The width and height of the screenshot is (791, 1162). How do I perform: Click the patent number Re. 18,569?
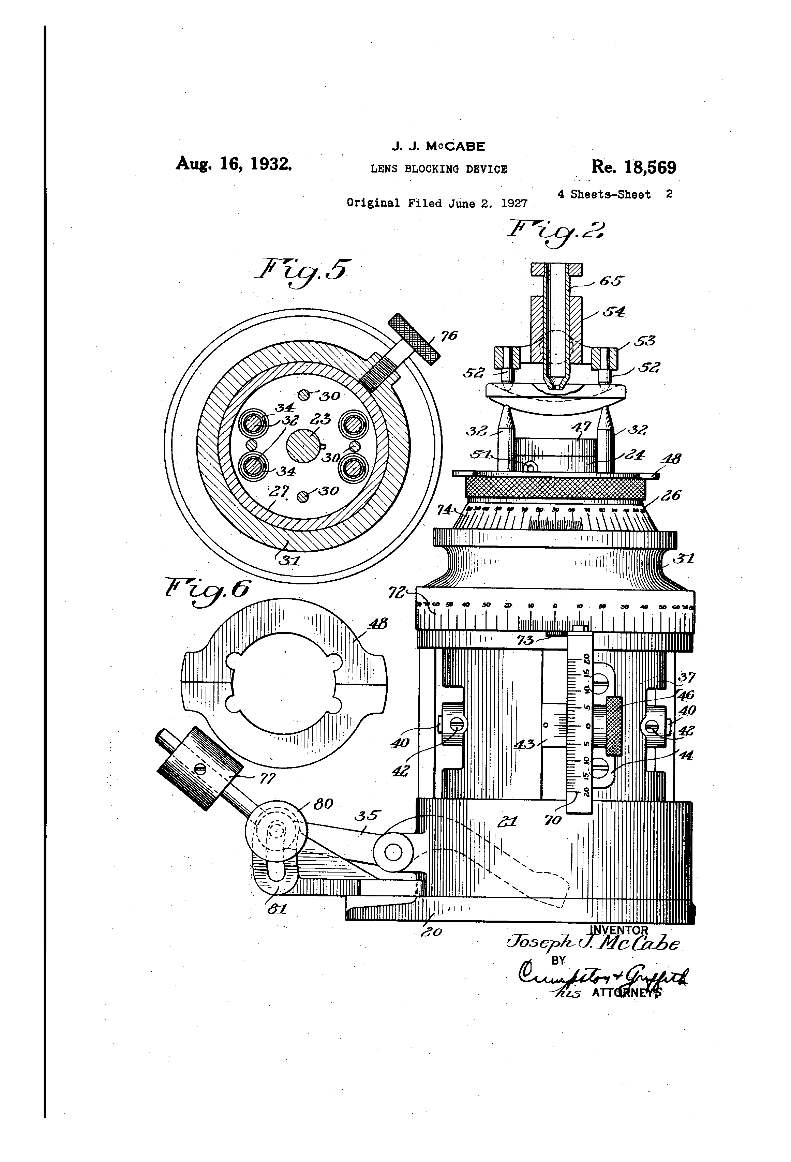click(633, 167)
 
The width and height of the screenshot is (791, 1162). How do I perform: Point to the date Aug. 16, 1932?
click(234, 164)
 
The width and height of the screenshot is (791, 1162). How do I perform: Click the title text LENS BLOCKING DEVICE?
click(438, 169)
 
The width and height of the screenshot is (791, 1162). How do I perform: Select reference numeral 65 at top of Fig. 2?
click(611, 281)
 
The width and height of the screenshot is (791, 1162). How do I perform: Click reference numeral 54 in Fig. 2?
click(613, 312)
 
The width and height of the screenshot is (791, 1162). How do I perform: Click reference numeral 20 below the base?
click(431, 932)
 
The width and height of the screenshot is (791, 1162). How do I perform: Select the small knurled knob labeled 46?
click(614, 726)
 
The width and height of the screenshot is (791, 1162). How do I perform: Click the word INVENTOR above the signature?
click(619, 930)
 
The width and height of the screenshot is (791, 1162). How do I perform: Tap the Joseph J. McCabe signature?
click(593, 944)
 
